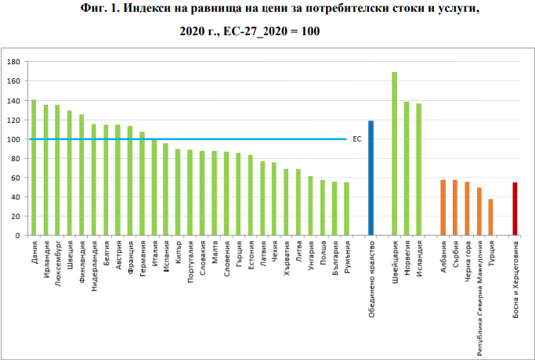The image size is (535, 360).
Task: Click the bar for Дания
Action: pos(34,167)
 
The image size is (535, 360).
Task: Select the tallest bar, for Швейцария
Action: pos(395,153)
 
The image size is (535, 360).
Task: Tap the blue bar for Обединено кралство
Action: pos(371,178)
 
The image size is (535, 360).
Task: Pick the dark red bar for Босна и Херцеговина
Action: pos(515,209)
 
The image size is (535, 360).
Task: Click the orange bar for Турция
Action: pos(490,217)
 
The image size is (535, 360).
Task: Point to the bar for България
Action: pos(334,208)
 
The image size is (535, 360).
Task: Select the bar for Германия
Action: pos(142,183)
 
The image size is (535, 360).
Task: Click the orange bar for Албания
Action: pos(443,207)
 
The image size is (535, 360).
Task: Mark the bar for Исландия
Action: pos(418,169)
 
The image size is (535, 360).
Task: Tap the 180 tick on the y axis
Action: pos(16,62)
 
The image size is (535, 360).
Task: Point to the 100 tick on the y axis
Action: pos(16,139)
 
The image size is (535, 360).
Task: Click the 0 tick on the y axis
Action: pos(18,236)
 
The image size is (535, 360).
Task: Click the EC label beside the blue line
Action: pos(357,139)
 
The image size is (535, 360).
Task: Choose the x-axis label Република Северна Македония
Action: pos(479,298)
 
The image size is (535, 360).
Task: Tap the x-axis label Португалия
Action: pos(190,262)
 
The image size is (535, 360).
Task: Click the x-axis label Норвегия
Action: pos(407,258)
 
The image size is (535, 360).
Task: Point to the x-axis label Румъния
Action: pos(347,257)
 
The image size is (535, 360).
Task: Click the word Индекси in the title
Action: pos(147,8)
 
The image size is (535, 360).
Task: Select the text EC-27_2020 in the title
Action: pos(255,31)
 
